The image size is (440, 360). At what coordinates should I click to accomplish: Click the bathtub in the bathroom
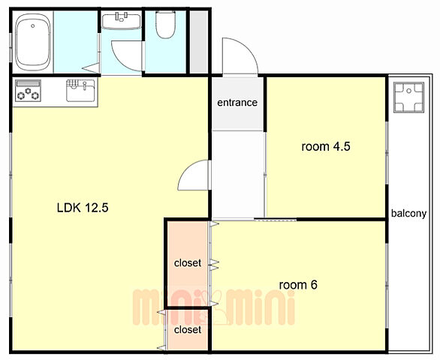pyautogui.click(x=33, y=42)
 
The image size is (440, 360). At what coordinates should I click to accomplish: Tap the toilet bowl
pyautogui.click(x=165, y=25)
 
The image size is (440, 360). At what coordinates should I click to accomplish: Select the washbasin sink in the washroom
pyautogui.click(x=121, y=21)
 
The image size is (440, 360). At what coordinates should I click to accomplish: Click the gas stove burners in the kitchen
pyautogui.click(x=28, y=94)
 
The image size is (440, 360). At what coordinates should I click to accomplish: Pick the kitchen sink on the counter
pyautogui.click(x=81, y=90)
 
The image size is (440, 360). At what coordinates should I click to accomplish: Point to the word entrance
pyautogui.click(x=237, y=103)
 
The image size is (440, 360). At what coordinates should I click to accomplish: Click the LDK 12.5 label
pyautogui.click(x=83, y=208)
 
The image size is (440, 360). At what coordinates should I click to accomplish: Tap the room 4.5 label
pyautogui.click(x=326, y=147)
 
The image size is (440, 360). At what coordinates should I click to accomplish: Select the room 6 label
pyautogui.click(x=298, y=285)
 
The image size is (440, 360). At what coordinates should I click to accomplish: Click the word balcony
pyautogui.click(x=409, y=214)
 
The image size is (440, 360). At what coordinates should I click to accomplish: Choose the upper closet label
pyautogui.click(x=188, y=263)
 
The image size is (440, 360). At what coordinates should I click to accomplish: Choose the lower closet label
pyautogui.click(x=188, y=330)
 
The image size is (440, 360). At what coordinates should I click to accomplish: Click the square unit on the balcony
pyautogui.click(x=408, y=97)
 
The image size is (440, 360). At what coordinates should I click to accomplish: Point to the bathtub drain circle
pyautogui.click(x=33, y=26)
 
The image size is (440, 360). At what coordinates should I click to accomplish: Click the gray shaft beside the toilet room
pyautogui.click(x=199, y=42)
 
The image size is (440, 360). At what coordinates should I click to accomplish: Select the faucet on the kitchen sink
pyautogui.click(x=85, y=85)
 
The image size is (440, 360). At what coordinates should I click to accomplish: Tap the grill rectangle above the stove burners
pyautogui.click(x=27, y=83)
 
